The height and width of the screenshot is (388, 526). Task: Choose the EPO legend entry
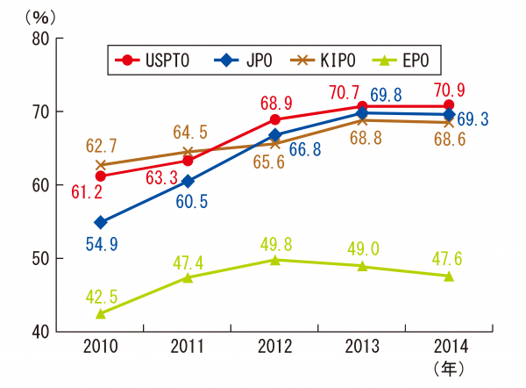[405, 60]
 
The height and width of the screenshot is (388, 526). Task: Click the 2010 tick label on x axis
[101, 347]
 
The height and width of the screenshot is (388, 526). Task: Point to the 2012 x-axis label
[275, 347]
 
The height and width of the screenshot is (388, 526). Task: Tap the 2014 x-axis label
[449, 347]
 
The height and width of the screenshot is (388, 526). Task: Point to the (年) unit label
[449, 370]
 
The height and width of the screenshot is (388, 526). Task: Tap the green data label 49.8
[275, 241]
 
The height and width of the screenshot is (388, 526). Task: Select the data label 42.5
[101, 295]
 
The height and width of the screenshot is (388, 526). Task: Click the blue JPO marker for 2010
[101, 222]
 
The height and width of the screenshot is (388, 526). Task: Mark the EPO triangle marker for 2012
[275, 260]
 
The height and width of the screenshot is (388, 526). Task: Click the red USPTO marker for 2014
[449, 105]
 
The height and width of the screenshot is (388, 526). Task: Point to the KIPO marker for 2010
[101, 164]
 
